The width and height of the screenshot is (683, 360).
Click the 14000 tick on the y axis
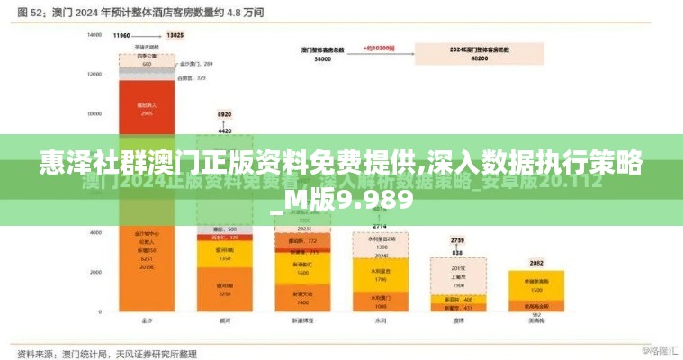pos(94,35)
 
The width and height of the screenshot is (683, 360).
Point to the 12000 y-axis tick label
pos(94,75)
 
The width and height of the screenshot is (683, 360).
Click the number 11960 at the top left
pos(121,35)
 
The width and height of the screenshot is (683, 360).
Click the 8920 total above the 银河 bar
pos(224,115)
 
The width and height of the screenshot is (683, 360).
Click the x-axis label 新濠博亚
pos(301,321)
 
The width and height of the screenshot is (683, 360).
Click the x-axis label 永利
pos(381,321)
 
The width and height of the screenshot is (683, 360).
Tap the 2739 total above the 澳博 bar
pos(457,241)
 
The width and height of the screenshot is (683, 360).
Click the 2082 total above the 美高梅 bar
pos(536,263)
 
